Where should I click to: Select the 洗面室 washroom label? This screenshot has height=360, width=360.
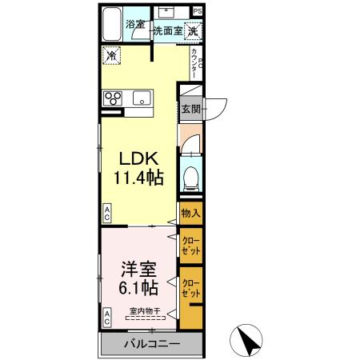169,31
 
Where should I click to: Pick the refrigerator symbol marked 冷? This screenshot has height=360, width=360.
112,56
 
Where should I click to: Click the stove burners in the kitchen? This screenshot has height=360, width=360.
113,100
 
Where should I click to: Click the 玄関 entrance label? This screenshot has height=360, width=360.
190,109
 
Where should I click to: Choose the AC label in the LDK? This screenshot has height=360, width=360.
107,213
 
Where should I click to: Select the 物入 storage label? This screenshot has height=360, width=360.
190,214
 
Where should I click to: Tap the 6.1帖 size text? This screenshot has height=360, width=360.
137,287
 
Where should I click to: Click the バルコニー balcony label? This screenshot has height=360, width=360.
152,345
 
